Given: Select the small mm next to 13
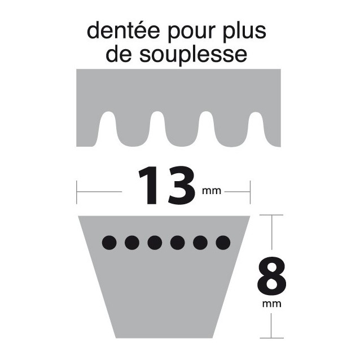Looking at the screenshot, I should [x=212, y=191].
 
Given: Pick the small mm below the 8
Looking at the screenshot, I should [x=273, y=305].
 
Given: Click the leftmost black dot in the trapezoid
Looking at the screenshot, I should [x=109, y=243].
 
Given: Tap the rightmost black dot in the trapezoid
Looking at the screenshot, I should [x=223, y=243].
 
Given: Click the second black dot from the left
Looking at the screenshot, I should [x=132, y=243].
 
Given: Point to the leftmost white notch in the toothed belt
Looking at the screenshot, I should [x=106, y=128].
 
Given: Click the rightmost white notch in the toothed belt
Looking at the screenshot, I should [x=257, y=128].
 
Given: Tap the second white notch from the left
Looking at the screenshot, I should [x=156, y=128].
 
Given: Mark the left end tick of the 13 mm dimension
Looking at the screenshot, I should [x=77, y=192].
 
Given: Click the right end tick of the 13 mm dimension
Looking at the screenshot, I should [x=250, y=192].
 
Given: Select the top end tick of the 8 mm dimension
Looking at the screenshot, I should [x=273, y=215].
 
